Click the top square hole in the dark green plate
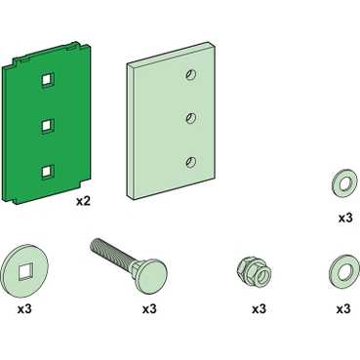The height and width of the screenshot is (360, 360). [48, 80]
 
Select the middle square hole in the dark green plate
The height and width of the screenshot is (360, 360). [48, 126]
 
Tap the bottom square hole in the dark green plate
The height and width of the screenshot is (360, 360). [48, 173]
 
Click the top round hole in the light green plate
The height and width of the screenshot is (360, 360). [191, 75]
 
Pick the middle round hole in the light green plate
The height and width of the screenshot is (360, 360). [191, 118]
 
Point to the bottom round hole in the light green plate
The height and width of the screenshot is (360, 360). [191, 162]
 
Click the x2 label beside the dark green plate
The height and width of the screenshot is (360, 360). [83, 201]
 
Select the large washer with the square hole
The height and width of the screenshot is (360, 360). [24, 271]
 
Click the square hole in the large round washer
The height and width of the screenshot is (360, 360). [24, 271]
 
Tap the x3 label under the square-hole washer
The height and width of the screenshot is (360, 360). [24, 308]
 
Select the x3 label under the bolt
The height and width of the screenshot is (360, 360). [149, 308]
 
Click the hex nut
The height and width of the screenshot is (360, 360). [255, 273]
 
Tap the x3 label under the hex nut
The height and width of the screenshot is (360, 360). [259, 308]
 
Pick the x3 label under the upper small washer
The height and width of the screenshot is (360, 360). [345, 218]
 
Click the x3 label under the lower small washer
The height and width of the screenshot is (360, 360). [343, 308]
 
